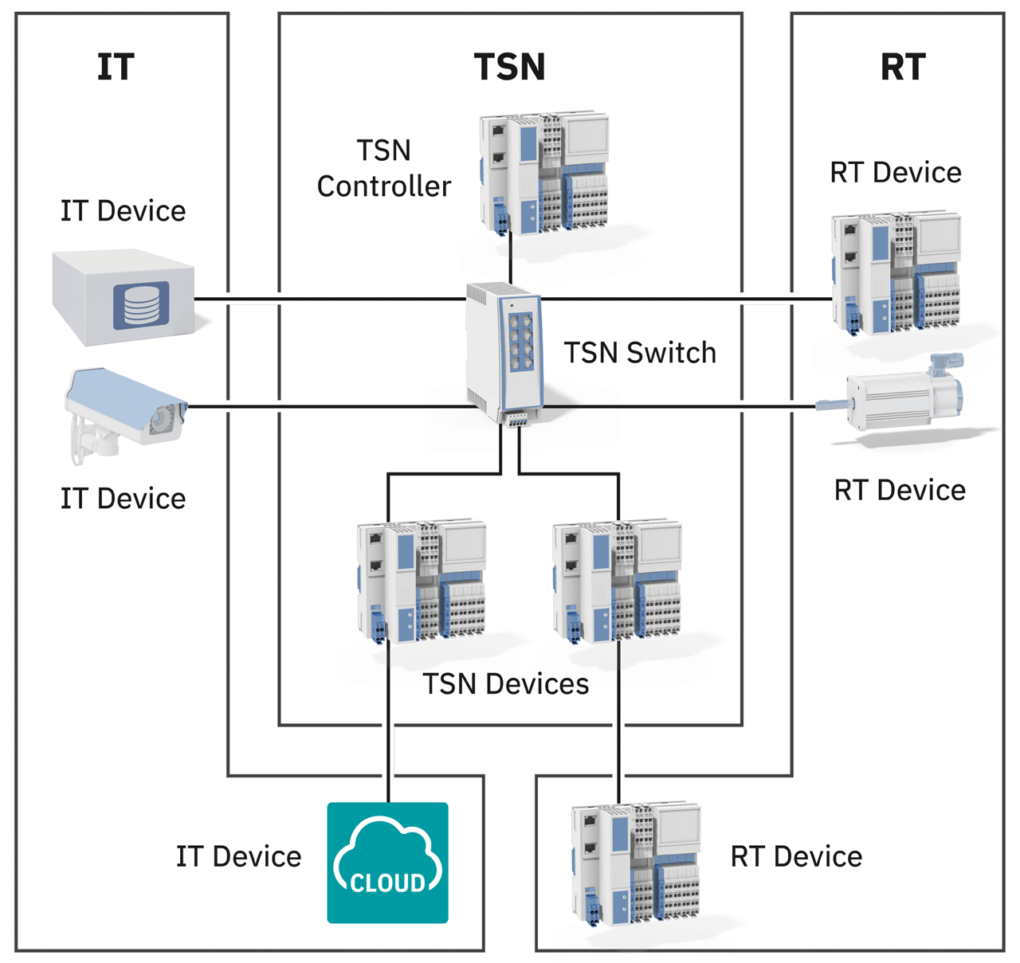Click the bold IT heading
pos(116,67)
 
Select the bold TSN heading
pos(509,67)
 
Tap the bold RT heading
pos(902,67)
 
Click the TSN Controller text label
pos(383,168)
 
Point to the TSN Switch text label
pos(640,353)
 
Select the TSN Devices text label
pos(505,684)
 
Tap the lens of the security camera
pos(167,417)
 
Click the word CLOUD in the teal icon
pos(388,883)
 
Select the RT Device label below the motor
pos(900,491)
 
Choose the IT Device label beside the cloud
pos(238,857)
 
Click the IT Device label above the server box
pos(123,211)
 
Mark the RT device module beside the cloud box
pos(636,864)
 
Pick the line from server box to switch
pos(335,299)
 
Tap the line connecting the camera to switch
pos(335,407)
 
